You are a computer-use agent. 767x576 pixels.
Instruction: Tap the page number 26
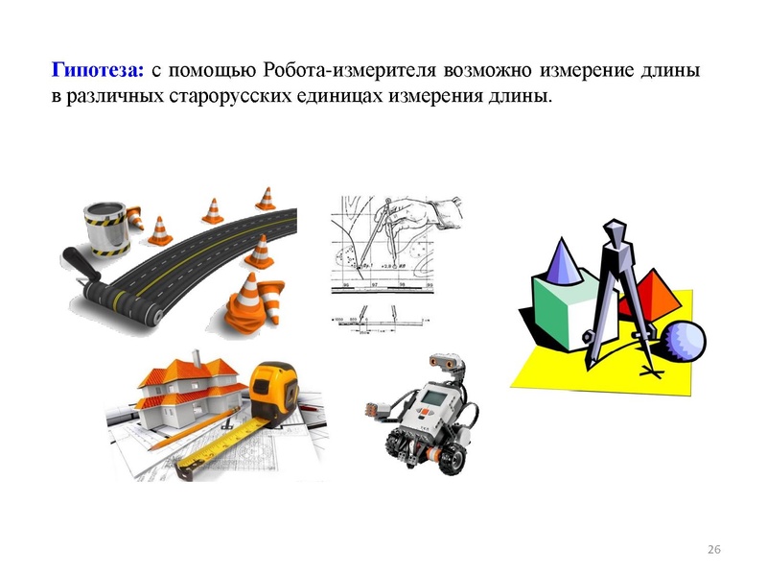point(712,549)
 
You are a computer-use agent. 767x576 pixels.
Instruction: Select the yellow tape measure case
point(276,389)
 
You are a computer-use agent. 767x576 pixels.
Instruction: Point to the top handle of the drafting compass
point(614,232)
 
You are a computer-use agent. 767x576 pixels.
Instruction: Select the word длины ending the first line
point(677,71)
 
